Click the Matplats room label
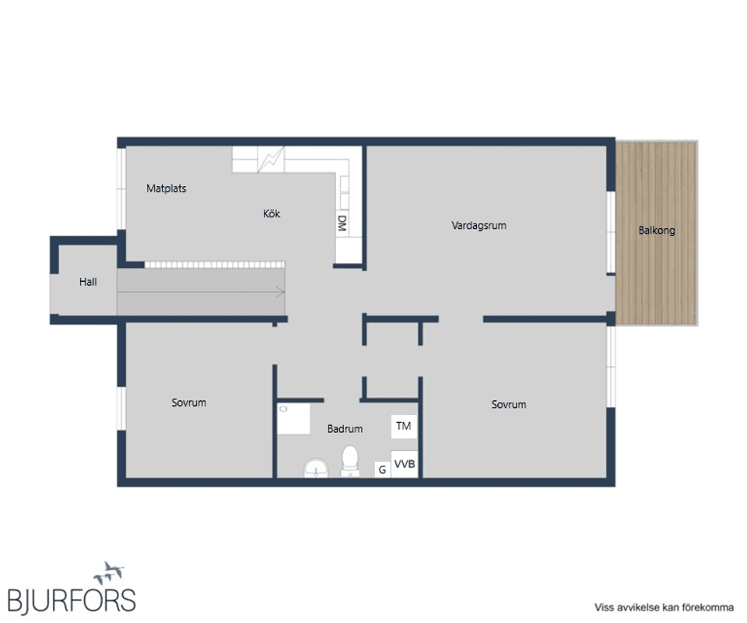(x=167, y=188)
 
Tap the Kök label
(x=272, y=213)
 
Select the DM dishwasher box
(x=342, y=223)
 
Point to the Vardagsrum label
(x=479, y=226)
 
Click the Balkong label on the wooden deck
(x=657, y=231)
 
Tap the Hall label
(x=88, y=282)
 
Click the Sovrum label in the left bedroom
(x=188, y=403)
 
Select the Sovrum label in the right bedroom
(x=509, y=404)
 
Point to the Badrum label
(x=345, y=429)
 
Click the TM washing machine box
(x=404, y=426)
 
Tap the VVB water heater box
(x=405, y=464)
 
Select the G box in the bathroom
(x=383, y=470)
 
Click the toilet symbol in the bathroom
(x=350, y=461)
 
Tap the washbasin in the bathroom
(x=317, y=468)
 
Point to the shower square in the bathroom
(x=293, y=419)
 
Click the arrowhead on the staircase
(x=281, y=292)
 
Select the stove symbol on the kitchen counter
(x=271, y=159)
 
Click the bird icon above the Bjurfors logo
(x=109, y=572)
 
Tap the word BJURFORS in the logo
(x=72, y=600)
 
